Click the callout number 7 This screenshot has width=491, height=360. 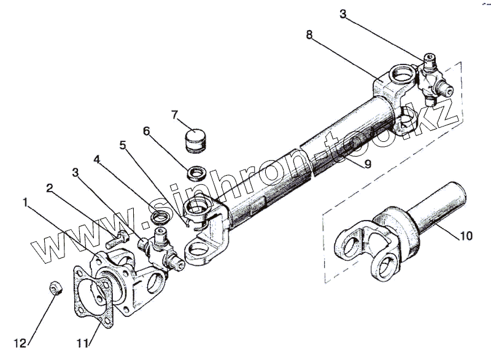[174, 114]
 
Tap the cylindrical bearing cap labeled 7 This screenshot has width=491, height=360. [198, 139]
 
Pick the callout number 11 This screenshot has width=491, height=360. [81, 343]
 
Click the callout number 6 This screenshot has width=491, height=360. [147, 132]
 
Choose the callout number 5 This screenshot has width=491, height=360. [123, 146]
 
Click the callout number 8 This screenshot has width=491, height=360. [311, 35]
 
